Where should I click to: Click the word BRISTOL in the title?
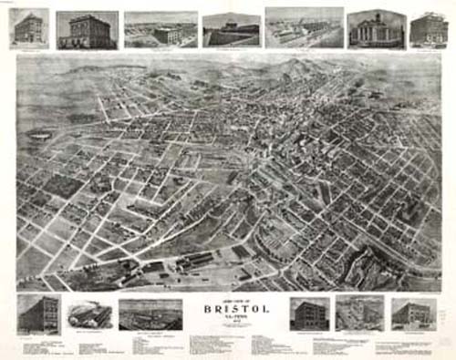click(x=228, y=309)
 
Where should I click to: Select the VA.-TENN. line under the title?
click(x=228, y=317)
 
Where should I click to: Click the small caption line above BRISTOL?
click(x=228, y=300)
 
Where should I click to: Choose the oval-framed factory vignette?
click(x=89, y=314)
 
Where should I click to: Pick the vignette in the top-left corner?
click(x=29, y=27)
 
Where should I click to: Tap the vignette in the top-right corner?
click(x=429, y=28)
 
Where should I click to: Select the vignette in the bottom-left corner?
click(x=38, y=312)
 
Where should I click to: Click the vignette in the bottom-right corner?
click(x=414, y=313)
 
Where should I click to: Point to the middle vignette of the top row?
click(x=231, y=28)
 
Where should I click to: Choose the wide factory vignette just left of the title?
click(x=150, y=314)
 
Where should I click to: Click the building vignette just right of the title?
click(x=309, y=313)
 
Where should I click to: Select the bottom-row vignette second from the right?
click(x=359, y=312)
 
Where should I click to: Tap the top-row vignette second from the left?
click(x=88, y=29)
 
